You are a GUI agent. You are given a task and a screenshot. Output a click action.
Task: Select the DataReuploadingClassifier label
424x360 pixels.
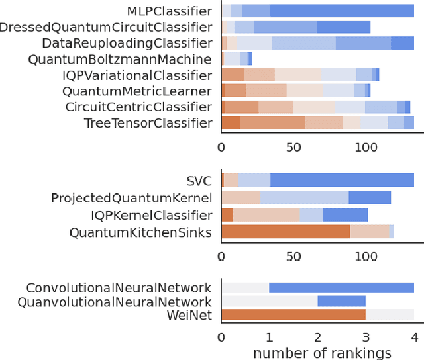click(127, 43)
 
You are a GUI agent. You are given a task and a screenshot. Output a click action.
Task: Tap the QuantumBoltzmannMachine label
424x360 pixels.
click(120, 59)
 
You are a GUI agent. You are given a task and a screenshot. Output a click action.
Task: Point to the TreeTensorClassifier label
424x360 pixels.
click(148, 122)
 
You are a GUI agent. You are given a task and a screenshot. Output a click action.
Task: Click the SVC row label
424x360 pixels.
click(199, 181)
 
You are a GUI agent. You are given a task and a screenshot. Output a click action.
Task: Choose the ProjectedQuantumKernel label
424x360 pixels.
click(131, 198)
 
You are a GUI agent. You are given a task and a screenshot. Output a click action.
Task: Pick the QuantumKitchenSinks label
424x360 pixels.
click(140, 232)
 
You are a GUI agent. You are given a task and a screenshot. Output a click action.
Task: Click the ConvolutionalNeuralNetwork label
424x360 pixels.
click(119, 288)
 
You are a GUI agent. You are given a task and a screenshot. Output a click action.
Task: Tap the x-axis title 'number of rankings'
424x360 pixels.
click(322, 353)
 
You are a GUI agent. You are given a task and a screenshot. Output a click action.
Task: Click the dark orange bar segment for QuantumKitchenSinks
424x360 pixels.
click(286, 231)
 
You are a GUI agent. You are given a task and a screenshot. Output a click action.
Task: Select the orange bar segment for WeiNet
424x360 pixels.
click(293, 315)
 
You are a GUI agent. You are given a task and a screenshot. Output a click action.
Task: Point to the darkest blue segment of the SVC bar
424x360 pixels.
click(342, 180)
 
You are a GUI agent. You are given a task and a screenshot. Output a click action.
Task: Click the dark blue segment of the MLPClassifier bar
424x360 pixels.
click(342, 11)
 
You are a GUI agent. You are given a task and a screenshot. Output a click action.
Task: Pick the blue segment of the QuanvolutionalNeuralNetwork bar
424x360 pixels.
click(341, 301)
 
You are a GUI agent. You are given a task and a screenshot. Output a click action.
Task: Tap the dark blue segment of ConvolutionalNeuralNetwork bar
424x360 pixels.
click(341, 287)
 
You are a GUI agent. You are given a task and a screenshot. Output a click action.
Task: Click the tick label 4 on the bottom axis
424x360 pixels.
click(414, 337)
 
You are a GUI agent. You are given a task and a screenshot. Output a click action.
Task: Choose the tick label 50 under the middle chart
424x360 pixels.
click(293, 256)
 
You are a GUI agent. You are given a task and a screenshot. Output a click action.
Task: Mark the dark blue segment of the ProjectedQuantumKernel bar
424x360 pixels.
click(370, 197)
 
